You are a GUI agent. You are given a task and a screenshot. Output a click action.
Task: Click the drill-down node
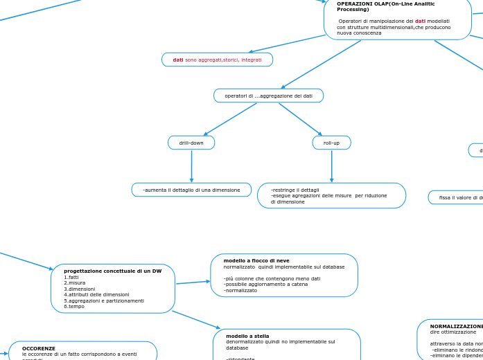191,143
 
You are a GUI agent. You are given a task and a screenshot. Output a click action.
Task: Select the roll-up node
331,143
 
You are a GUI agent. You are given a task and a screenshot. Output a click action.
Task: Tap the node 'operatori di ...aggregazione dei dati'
268,96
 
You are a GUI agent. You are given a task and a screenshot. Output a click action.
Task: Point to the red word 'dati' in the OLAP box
420,21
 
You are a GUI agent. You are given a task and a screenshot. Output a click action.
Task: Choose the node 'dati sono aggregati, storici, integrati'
217,60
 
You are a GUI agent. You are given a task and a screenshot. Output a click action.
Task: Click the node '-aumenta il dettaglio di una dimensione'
191,190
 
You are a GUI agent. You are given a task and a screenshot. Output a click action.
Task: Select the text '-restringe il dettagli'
295,190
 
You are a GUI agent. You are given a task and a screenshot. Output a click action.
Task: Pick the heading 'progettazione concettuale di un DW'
112,271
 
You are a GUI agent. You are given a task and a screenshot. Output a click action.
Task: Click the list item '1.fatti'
71,277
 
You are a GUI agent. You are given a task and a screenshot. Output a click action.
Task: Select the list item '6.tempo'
74,306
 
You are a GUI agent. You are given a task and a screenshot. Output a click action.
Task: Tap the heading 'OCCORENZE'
39,348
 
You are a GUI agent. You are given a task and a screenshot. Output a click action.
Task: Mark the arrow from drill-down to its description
191,166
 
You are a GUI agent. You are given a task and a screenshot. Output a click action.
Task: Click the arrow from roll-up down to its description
331,166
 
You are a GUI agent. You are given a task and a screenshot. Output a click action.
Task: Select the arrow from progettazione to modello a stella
196,320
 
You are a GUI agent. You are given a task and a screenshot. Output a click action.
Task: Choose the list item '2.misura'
75,282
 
